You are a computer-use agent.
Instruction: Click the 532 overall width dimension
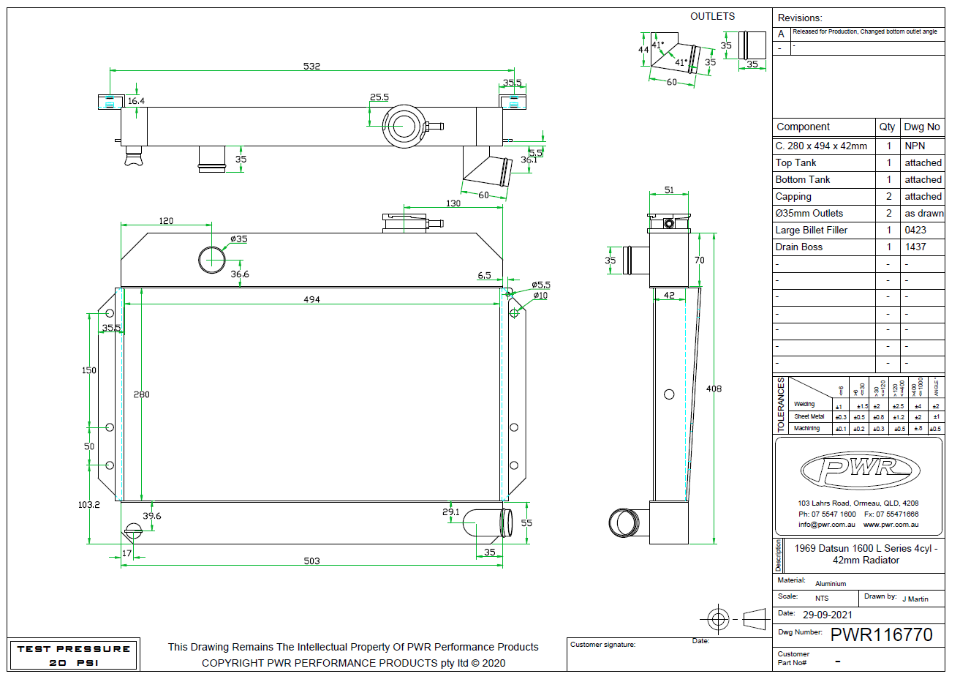click(x=311, y=66)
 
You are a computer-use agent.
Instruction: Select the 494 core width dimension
click(x=311, y=299)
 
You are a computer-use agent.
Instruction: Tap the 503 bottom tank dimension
click(x=311, y=561)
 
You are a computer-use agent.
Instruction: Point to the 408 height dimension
click(x=714, y=389)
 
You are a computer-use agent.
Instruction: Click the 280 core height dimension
click(x=141, y=394)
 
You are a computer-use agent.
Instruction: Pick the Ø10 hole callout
click(x=540, y=296)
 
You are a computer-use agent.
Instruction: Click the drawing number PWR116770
click(x=881, y=634)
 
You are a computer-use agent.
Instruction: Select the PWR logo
click(x=860, y=470)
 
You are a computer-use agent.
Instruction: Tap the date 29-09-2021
click(x=828, y=615)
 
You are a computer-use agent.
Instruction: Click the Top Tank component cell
click(x=796, y=163)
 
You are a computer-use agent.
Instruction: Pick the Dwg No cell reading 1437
click(x=915, y=247)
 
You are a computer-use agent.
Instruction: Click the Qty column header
click(x=887, y=127)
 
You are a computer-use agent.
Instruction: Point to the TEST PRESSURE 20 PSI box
click(x=73, y=656)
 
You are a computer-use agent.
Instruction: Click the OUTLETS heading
click(x=713, y=16)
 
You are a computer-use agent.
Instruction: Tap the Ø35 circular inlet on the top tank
click(x=212, y=259)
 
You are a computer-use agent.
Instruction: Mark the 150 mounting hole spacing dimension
click(x=89, y=370)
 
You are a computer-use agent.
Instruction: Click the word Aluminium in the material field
click(x=831, y=584)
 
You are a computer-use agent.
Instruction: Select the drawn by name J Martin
click(x=915, y=599)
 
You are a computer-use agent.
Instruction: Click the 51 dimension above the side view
click(x=669, y=190)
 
